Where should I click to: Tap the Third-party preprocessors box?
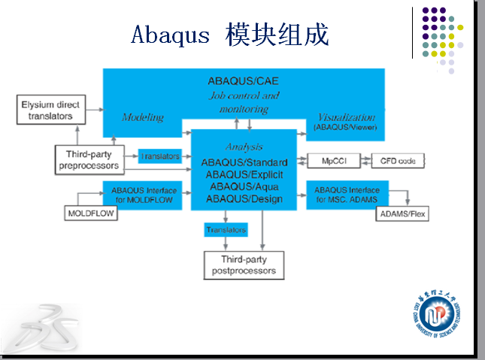pyautogui.click(x=88, y=159)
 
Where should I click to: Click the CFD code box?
pyautogui.click(x=398, y=160)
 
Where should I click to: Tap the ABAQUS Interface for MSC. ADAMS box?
pyautogui.click(x=347, y=195)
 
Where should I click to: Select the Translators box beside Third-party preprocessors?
pyautogui.click(x=160, y=156)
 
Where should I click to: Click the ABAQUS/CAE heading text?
pyautogui.click(x=244, y=81)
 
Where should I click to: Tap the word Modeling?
pyautogui.click(x=143, y=118)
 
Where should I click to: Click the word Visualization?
pyautogui.click(x=346, y=118)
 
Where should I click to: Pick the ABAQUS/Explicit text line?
pyautogui.click(x=244, y=174)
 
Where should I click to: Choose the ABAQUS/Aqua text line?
pyautogui.click(x=244, y=186)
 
